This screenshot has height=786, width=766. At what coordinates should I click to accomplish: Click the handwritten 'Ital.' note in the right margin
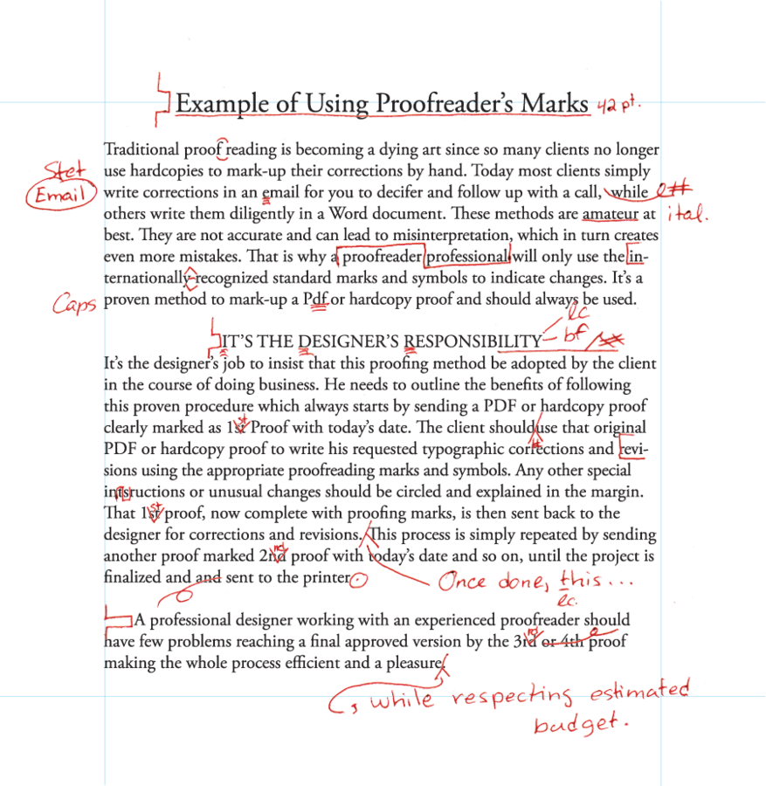point(687,213)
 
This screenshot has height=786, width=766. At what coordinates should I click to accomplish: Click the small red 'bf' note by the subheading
point(570,333)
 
